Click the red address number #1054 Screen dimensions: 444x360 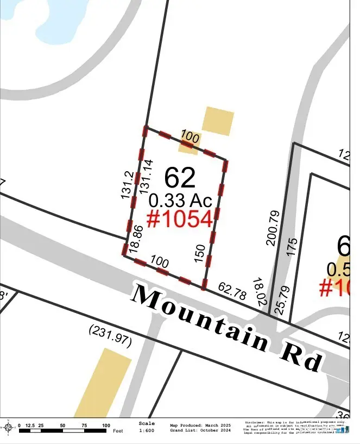[180, 218]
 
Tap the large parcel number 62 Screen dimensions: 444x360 [180, 177]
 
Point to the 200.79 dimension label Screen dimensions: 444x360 [273, 228]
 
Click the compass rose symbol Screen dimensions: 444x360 [9, 428]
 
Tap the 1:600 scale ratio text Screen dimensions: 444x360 [147, 430]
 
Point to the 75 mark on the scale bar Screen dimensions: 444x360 [85, 426]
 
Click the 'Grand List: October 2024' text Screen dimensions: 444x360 [200, 430]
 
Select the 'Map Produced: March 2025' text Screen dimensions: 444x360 [200, 425]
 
